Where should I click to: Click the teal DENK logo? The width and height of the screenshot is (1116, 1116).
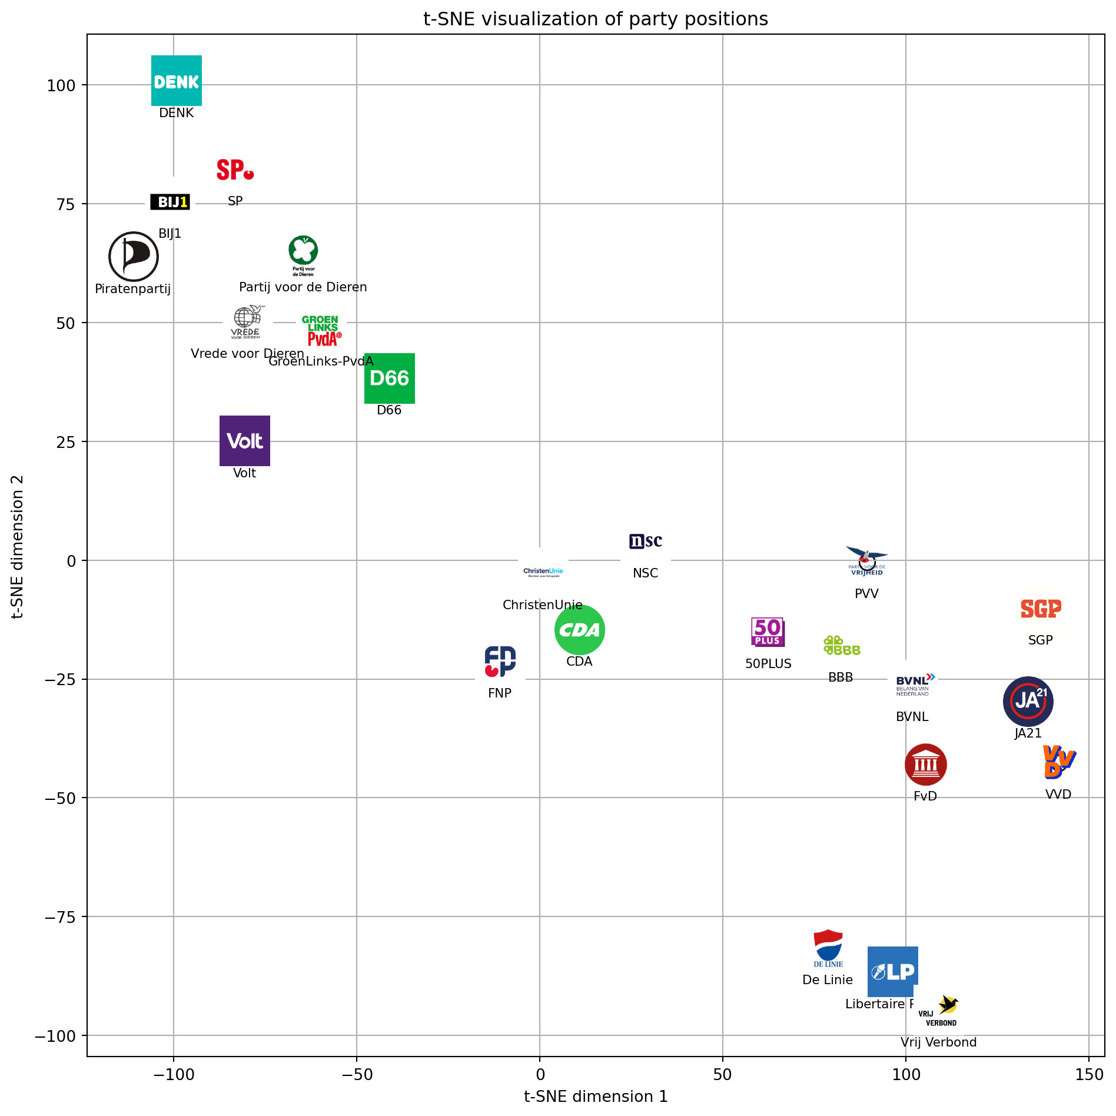point(177,81)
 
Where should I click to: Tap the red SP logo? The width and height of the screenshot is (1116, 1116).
point(235,170)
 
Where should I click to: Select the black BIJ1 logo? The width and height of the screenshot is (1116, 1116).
point(170,202)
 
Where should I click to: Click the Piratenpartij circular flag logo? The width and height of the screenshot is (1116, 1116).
point(134,257)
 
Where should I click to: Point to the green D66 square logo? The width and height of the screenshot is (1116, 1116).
point(390,378)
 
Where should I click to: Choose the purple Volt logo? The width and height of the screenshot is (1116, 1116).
point(245,441)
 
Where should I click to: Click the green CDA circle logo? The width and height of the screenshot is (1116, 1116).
point(580,630)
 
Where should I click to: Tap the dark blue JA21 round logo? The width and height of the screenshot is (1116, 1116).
point(1028,701)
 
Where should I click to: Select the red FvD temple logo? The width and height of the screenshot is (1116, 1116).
point(926,765)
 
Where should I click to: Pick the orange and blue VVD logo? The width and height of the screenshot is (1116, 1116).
point(1059,762)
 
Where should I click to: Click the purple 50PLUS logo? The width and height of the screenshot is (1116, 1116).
point(768,632)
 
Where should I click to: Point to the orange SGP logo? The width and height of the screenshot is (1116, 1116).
point(1041,609)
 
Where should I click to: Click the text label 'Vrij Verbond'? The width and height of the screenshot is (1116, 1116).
point(938,1042)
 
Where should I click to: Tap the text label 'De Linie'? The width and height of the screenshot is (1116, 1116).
point(828,980)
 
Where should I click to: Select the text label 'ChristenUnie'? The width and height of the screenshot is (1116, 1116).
point(543,605)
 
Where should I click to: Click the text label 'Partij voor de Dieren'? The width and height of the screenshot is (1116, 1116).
point(303,287)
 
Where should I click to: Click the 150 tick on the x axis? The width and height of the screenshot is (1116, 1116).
point(1090,1075)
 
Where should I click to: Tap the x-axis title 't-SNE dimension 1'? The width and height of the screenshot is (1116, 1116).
point(596,1097)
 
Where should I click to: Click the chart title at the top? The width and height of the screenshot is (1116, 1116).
point(596,19)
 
